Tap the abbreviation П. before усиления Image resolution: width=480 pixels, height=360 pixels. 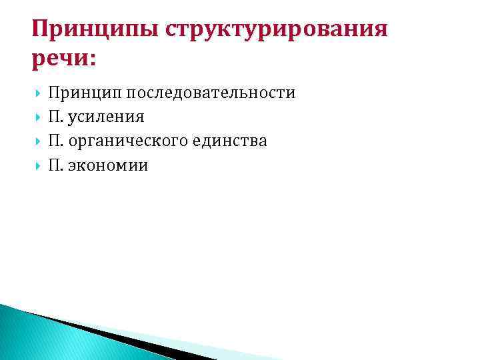point(55,117)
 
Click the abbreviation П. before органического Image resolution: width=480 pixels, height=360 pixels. point(55,141)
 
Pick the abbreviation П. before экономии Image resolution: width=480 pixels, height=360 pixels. point(55,165)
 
